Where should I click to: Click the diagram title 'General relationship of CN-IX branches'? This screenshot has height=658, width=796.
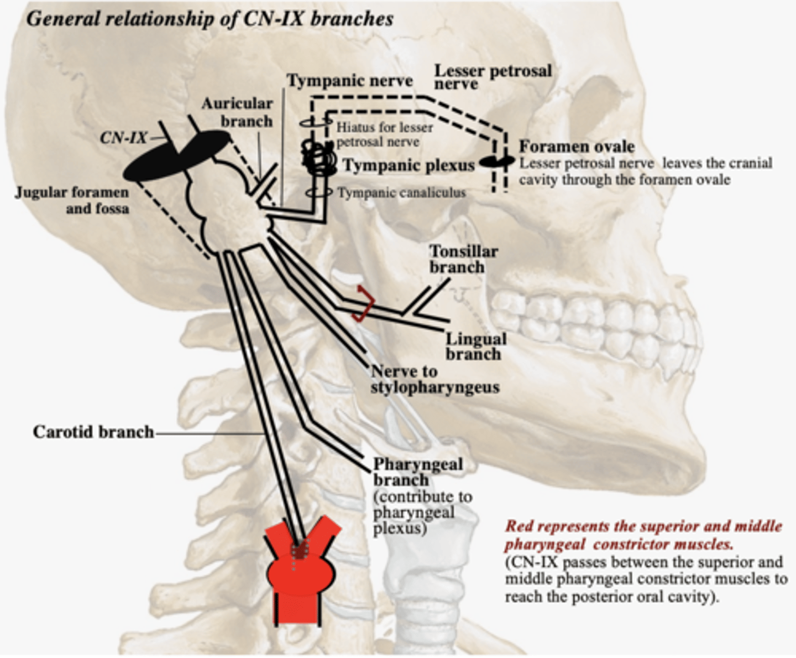click(210, 19)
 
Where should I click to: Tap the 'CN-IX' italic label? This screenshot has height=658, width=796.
click(123, 138)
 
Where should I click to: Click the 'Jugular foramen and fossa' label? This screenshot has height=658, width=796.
click(72, 200)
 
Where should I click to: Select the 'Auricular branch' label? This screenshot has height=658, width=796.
click(237, 112)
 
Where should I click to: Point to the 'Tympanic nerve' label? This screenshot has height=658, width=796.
click(349, 81)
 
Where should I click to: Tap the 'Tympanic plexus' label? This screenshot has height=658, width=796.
click(409, 165)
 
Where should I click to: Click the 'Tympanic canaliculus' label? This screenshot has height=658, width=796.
click(401, 193)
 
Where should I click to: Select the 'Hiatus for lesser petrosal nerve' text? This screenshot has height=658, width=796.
click(384, 134)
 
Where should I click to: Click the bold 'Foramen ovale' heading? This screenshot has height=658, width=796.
click(576, 147)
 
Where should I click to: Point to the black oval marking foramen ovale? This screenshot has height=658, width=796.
click(496, 161)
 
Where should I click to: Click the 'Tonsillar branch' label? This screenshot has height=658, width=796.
click(463, 259)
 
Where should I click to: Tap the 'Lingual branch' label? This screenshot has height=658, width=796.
click(475, 346)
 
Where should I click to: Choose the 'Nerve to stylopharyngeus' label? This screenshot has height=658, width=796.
click(434, 380)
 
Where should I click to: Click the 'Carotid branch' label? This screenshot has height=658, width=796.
click(93, 432)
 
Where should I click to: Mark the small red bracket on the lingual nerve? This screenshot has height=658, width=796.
click(364, 303)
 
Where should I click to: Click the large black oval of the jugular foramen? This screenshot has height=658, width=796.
click(176, 156)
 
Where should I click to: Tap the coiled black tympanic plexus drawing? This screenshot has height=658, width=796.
click(318, 158)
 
